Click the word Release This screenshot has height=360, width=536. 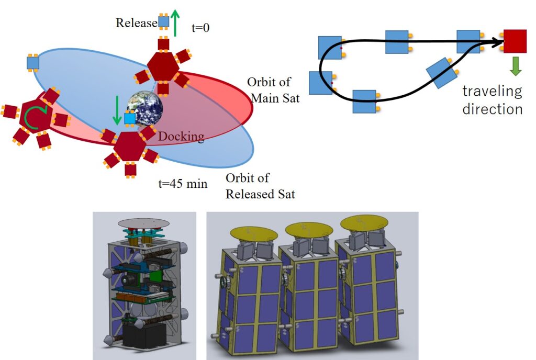pos(136,23)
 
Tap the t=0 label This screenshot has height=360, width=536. pos(200,27)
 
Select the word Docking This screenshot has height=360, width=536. pos(181,137)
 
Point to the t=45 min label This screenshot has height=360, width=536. pos(183,184)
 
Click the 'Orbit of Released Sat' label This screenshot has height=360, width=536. pos(260,186)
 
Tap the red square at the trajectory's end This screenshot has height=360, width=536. pos(515,41)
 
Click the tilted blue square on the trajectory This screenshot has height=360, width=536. pos(442,73)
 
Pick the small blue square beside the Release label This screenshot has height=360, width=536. pos(164,21)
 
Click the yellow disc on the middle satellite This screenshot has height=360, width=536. pos(308,229)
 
